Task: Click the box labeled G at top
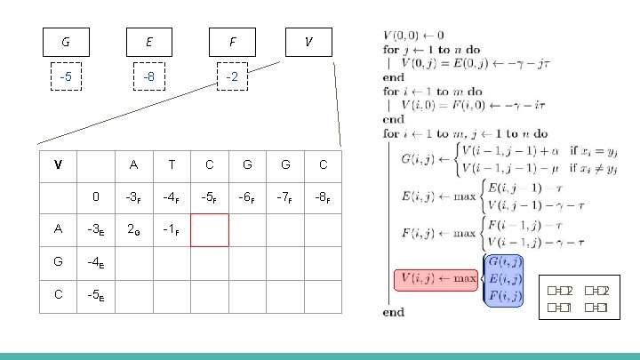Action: tap(67, 41)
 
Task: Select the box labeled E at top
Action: tap(149, 41)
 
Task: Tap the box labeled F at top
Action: tap(232, 41)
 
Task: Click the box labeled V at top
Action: tap(308, 41)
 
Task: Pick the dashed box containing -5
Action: tap(67, 77)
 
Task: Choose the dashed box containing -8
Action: tap(149, 77)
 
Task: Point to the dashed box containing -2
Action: tap(232, 77)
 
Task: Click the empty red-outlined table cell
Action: tap(209, 229)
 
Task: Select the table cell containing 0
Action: tap(95, 196)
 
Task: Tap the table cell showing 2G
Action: tap(133, 229)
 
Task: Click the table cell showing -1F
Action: tap(171, 229)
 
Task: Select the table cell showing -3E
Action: tap(95, 229)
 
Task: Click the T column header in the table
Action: tap(171, 164)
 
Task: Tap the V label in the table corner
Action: tap(58, 164)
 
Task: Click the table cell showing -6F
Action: tap(246, 196)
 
